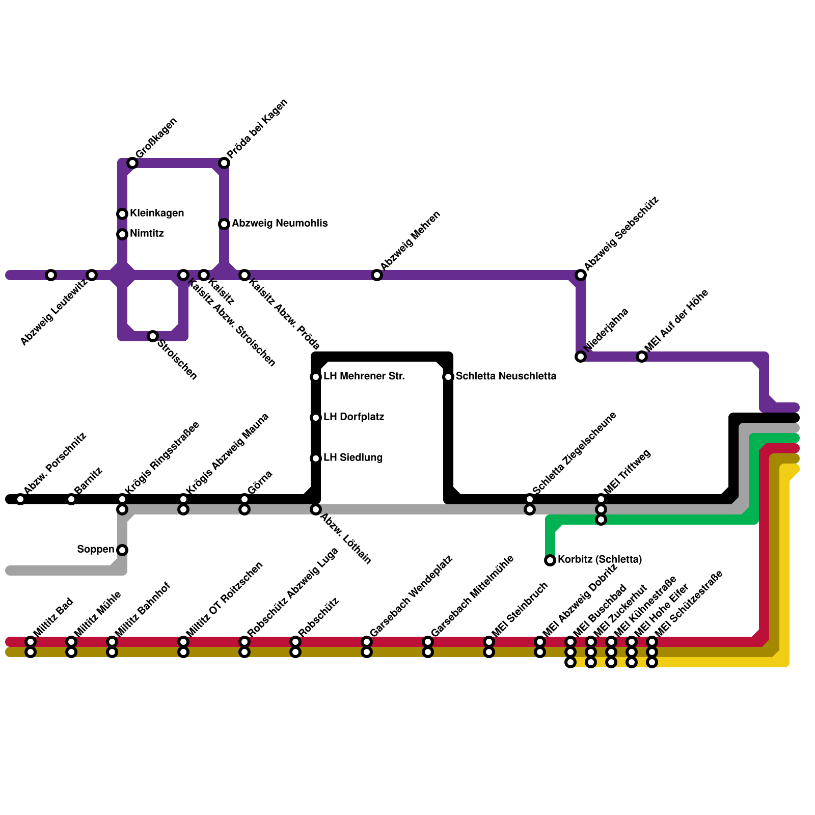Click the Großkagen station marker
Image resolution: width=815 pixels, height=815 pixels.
tap(132, 163)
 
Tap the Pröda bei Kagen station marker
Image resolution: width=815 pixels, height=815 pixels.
tap(224, 163)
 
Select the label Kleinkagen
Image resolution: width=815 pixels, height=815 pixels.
tap(157, 213)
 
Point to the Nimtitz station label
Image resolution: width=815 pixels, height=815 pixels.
tap(147, 234)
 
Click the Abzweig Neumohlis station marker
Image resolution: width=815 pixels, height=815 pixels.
tap(224, 224)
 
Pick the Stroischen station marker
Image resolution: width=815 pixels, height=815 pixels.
tap(153, 336)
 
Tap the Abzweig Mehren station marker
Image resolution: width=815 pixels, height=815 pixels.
tap(377, 275)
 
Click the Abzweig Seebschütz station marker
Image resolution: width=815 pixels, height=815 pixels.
tap(581, 275)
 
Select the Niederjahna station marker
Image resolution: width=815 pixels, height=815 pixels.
tap(581, 357)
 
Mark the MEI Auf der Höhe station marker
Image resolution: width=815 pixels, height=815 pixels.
tap(642, 357)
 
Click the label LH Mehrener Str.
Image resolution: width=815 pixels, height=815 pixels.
tap(364, 376)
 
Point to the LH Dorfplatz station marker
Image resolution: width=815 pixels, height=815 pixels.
tap(316, 418)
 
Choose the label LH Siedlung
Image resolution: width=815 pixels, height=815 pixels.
tap(353, 457)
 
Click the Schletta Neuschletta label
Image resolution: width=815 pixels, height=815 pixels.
tap(506, 376)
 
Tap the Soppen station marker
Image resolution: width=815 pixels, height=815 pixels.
tap(122, 550)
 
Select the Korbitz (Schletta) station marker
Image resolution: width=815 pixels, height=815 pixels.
tap(550, 560)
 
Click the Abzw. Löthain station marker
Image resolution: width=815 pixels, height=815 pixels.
tap(316, 509)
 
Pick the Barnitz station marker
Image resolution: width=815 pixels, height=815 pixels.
tap(71, 499)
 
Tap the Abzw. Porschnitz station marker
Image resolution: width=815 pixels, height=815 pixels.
tap(20, 499)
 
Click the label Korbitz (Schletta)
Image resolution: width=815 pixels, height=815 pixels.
tap(600, 560)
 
